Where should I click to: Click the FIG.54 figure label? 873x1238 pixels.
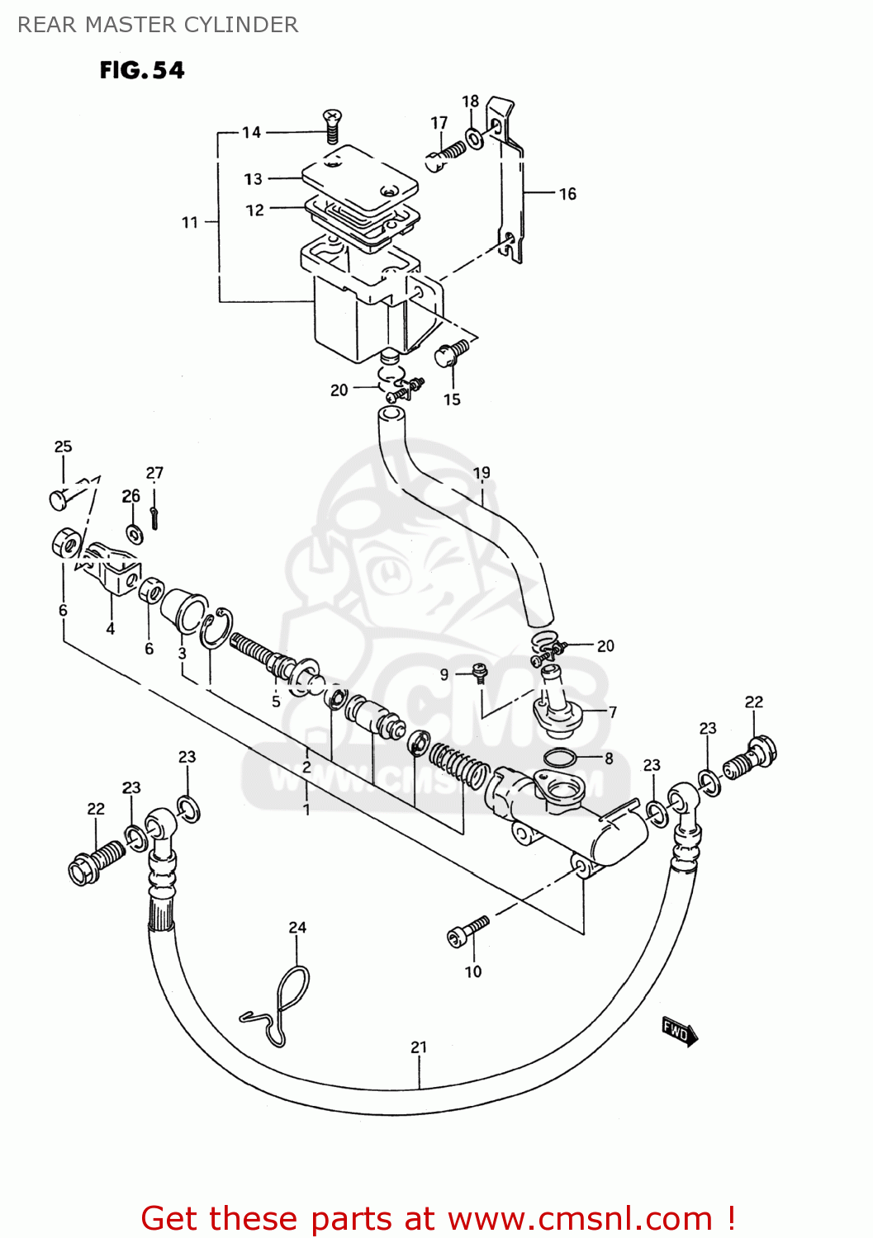[141, 71]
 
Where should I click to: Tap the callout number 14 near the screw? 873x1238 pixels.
[251, 132]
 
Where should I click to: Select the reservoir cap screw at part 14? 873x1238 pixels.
[333, 126]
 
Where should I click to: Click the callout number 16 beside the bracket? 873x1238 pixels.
[567, 194]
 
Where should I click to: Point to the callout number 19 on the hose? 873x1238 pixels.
[482, 473]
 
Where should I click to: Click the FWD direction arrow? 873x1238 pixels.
[680, 1032]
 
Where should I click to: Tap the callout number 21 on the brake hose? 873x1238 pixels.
[419, 1047]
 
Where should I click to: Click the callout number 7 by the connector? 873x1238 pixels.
[612, 711]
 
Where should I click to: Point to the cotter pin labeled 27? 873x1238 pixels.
[154, 517]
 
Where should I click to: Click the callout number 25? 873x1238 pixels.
[63, 447]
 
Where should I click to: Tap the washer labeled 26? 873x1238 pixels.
[135, 534]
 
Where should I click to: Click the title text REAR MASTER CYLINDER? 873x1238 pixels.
[158, 25]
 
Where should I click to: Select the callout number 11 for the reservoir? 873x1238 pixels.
[190, 222]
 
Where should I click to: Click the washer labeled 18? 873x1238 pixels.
[475, 138]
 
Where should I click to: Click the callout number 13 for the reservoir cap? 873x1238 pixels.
[253, 179]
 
